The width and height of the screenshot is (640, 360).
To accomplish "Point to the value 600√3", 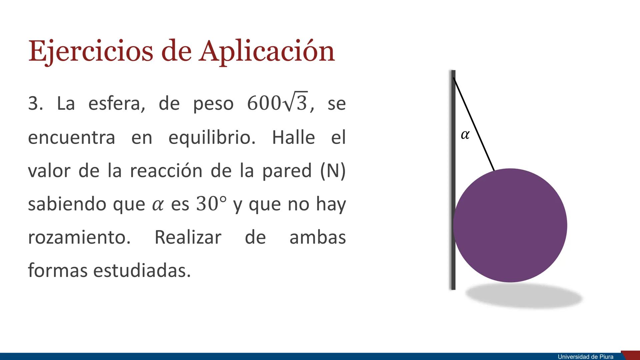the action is pyautogui.click(x=277, y=102).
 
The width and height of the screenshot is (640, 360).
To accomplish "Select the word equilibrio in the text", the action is pyautogui.click(x=212, y=138).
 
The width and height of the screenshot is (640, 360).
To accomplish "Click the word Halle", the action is pyautogui.click(x=293, y=137).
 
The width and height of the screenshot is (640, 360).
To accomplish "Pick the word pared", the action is pyautogui.click(x=287, y=171).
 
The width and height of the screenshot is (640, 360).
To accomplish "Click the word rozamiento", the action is pyautogui.click(x=79, y=237).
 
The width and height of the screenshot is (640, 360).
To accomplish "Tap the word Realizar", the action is pyautogui.click(x=188, y=237).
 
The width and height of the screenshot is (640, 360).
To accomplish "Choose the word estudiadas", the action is pyautogui.click(x=142, y=270).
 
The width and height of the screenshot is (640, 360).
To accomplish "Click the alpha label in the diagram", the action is pyautogui.click(x=465, y=135).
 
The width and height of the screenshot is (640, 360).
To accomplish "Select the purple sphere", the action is pyautogui.click(x=510, y=225).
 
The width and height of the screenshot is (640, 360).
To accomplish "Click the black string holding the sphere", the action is pyautogui.click(x=474, y=124).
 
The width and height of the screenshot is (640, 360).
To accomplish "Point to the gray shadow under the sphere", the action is pyautogui.click(x=524, y=296).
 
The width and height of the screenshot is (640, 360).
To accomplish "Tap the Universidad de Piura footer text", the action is pyautogui.click(x=585, y=357).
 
